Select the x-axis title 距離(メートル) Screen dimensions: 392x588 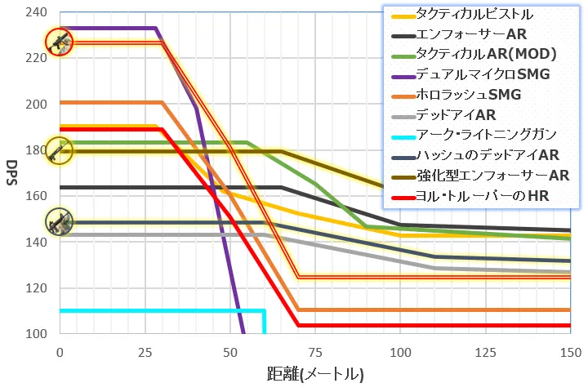point(314,375)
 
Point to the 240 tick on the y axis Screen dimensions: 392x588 point(36,12)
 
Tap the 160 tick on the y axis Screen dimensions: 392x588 point(36,196)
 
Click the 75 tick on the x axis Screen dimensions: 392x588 point(315,351)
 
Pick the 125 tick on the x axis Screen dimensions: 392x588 point(485,351)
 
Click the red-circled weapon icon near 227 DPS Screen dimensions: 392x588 point(60,42)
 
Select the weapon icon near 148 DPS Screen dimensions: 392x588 point(60,220)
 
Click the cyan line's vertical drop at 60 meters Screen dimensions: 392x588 point(264,323)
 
